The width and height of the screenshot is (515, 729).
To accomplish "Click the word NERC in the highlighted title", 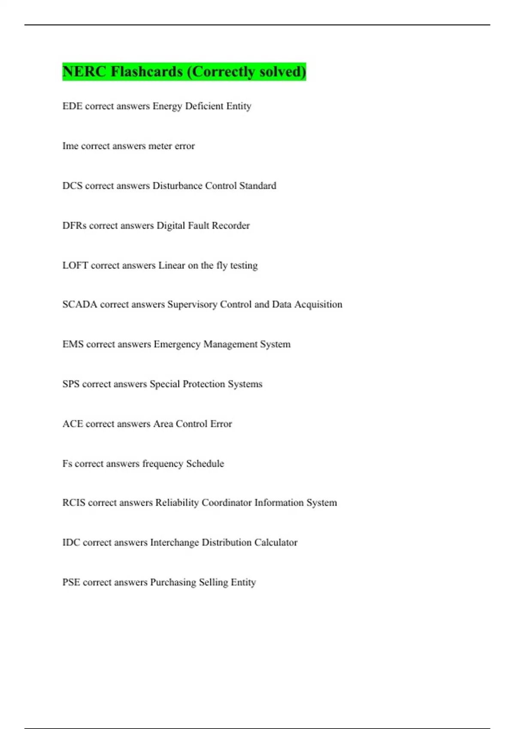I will [x=84, y=71].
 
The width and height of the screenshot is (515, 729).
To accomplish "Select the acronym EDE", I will [x=72, y=106].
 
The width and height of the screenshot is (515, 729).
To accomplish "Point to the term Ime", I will [x=70, y=146].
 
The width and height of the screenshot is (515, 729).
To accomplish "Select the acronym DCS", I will [x=72, y=186].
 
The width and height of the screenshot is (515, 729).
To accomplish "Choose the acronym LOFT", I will [x=75, y=265].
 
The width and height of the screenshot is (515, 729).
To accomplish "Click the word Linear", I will [x=172, y=265].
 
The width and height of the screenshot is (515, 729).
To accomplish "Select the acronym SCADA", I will [x=80, y=304].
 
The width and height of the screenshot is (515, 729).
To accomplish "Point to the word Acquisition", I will [x=318, y=304].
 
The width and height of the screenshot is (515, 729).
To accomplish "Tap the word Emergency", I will [x=177, y=344].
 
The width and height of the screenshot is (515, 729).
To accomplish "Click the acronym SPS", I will [x=71, y=384].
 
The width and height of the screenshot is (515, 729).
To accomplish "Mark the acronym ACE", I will [x=73, y=424].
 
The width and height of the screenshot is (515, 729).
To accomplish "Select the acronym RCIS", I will [x=74, y=503].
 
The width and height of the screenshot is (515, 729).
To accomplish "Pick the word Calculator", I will [x=276, y=542].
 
